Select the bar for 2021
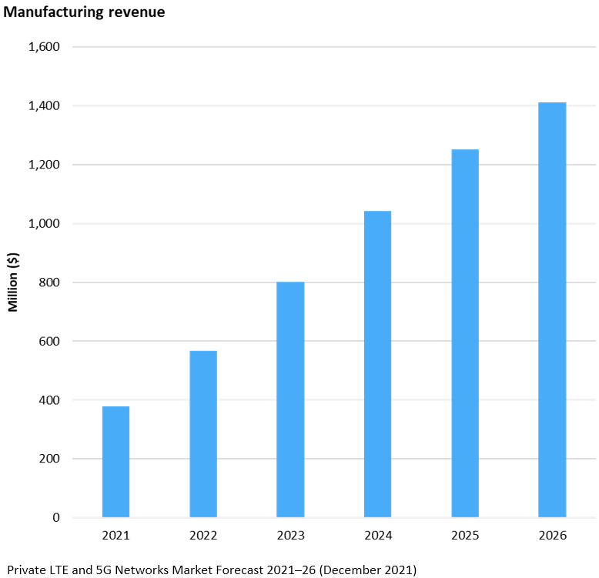point(115,462)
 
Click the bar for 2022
point(203,434)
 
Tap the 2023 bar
point(290,399)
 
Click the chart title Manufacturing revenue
point(85,12)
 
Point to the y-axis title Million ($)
point(13,282)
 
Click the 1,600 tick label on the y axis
point(44,47)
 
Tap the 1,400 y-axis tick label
point(44,105)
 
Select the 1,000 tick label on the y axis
point(44,223)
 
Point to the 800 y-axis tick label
point(49,282)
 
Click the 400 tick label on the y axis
point(49,400)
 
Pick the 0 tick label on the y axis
point(56,518)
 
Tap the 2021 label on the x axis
point(115,536)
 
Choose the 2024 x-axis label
point(377,536)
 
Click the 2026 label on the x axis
point(552,536)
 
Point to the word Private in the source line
point(25,570)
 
